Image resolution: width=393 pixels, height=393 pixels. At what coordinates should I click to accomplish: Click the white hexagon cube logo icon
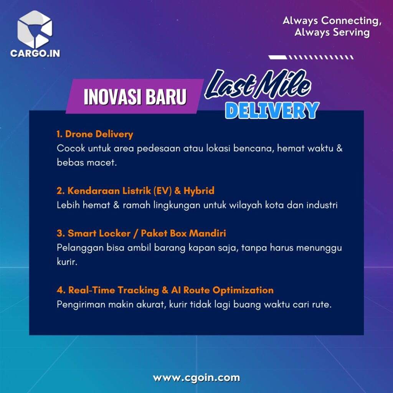click(x=35, y=29)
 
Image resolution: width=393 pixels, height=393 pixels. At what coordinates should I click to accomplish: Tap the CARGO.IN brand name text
click(x=35, y=53)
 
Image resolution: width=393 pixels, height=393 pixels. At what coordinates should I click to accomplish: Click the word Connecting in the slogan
click(x=352, y=21)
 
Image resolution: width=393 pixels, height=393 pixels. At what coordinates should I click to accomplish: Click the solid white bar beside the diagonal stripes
click(x=278, y=58)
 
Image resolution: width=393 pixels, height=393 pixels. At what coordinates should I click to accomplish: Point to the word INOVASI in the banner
click(x=112, y=97)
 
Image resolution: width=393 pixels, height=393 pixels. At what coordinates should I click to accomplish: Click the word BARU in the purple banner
click(x=166, y=97)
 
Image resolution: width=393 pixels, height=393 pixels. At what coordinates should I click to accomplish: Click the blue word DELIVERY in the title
click(x=272, y=110)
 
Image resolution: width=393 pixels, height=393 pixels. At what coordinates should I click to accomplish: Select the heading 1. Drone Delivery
click(x=95, y=134)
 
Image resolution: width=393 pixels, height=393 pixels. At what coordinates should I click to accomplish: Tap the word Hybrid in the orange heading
click(x=199, y=191)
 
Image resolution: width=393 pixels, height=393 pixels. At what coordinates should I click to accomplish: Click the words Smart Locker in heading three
click(x=99, y=233)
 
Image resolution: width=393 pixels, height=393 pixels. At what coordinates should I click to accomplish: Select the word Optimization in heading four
click(x=243, y=290)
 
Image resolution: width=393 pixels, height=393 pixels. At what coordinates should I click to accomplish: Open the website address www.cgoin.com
click(x=196, y=378)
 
